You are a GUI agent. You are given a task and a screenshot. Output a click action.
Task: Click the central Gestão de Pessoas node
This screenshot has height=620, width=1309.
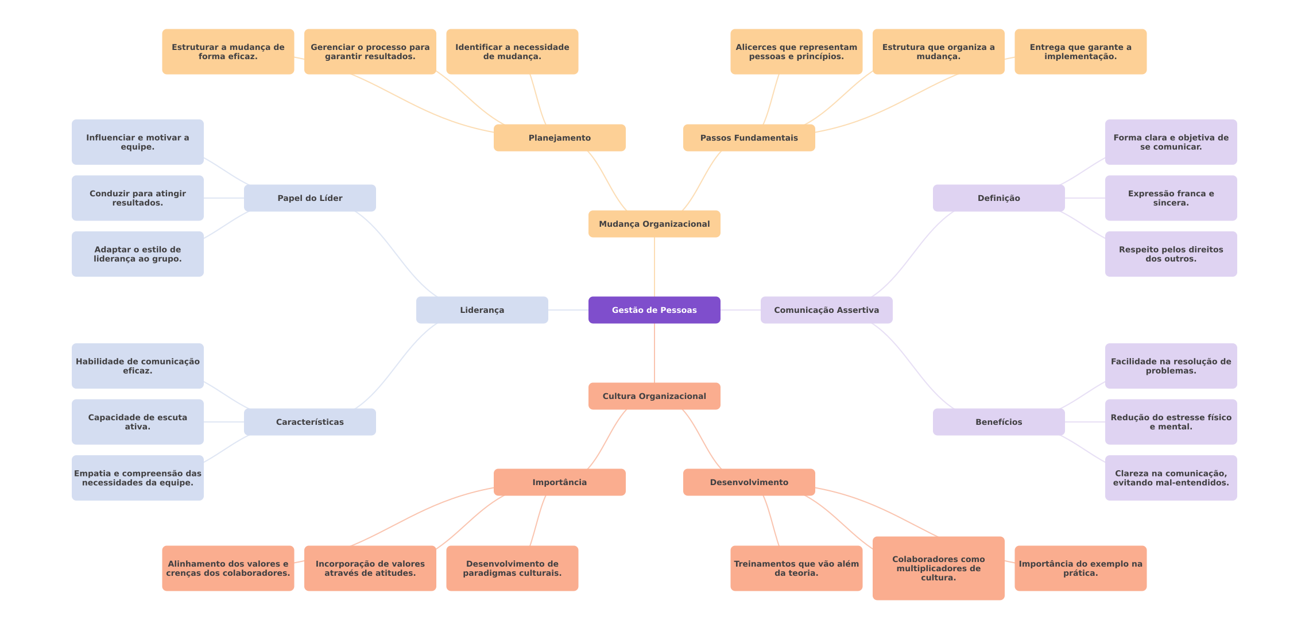pyautogui.click(x=654, y=310)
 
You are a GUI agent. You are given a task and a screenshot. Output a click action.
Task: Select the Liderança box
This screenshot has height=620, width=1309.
pyautogui.click(x=482, y=310)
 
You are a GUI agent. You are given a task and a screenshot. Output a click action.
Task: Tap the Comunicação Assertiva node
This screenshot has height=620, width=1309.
pyautogui.click(x=826, y=310)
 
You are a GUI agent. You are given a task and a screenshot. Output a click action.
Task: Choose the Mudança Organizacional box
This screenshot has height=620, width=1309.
pyautogui.click(x=654, y=224)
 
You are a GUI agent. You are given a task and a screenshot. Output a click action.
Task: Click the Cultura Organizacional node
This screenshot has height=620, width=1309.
pyautogui.click(x=654, y=396)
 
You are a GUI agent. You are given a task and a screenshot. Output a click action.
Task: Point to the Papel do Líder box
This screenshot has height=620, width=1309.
pyautogui.click(x=309, y=198)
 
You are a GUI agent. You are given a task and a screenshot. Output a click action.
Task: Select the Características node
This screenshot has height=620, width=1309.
pyautogui.click(x=309, y=422)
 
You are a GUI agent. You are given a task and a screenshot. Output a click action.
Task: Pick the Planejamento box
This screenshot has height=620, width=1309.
pyautogui.click(x=559, y=138)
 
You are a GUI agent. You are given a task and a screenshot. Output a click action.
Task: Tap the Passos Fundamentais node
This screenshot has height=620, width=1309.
pyautogui.click(x=749, y=138)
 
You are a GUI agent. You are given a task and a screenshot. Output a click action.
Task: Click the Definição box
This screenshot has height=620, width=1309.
pyautogui.click(x=998, y=198)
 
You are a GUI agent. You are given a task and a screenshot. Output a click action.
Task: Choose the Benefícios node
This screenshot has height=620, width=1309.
pyautogui.click(x=998, y=422)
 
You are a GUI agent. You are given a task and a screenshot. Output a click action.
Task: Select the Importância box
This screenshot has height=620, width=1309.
pyautogui.click(x=559, y=482)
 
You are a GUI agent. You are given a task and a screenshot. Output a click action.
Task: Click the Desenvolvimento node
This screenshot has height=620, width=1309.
pyautogui.click(x=749, y=482)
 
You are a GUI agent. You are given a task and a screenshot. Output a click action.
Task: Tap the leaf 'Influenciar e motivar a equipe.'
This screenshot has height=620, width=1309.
pyautogui.click(x=137, y=142)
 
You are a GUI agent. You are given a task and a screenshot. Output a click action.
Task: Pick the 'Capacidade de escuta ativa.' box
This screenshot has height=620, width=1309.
pyautogui.click(x=137, y=422)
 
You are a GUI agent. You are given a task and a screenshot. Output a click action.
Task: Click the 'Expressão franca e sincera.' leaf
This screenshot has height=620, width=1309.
pyautogui.click(x=1171, y=198)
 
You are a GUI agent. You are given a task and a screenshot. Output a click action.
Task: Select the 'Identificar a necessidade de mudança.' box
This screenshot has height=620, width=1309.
pyautogui.click(x=512, y=52)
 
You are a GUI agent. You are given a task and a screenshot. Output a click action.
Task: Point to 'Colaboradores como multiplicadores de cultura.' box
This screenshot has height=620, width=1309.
pyautogui.click(x=938, y=568)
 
